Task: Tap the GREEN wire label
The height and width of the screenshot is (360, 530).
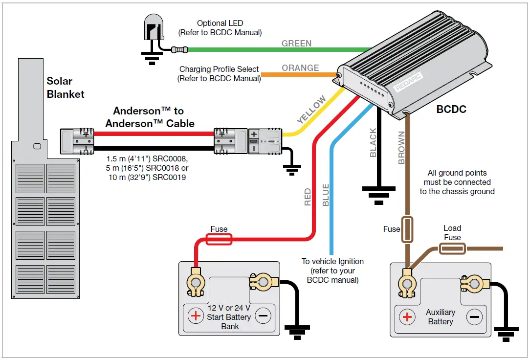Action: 296,44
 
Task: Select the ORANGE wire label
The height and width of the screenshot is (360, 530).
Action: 300,68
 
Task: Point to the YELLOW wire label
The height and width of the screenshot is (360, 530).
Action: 311,110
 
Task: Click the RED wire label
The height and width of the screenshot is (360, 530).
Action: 308,197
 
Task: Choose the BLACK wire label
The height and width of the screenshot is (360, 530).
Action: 373,143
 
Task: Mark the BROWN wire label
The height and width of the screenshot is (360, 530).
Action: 401,148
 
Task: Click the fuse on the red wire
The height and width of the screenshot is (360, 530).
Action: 219,239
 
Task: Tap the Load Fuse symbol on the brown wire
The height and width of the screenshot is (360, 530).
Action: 453,249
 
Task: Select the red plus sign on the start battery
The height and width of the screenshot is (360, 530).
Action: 196,316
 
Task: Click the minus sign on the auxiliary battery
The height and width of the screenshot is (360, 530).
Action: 474,317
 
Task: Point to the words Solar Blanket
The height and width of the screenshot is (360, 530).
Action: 66,88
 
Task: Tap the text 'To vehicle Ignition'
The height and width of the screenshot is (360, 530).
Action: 332,262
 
